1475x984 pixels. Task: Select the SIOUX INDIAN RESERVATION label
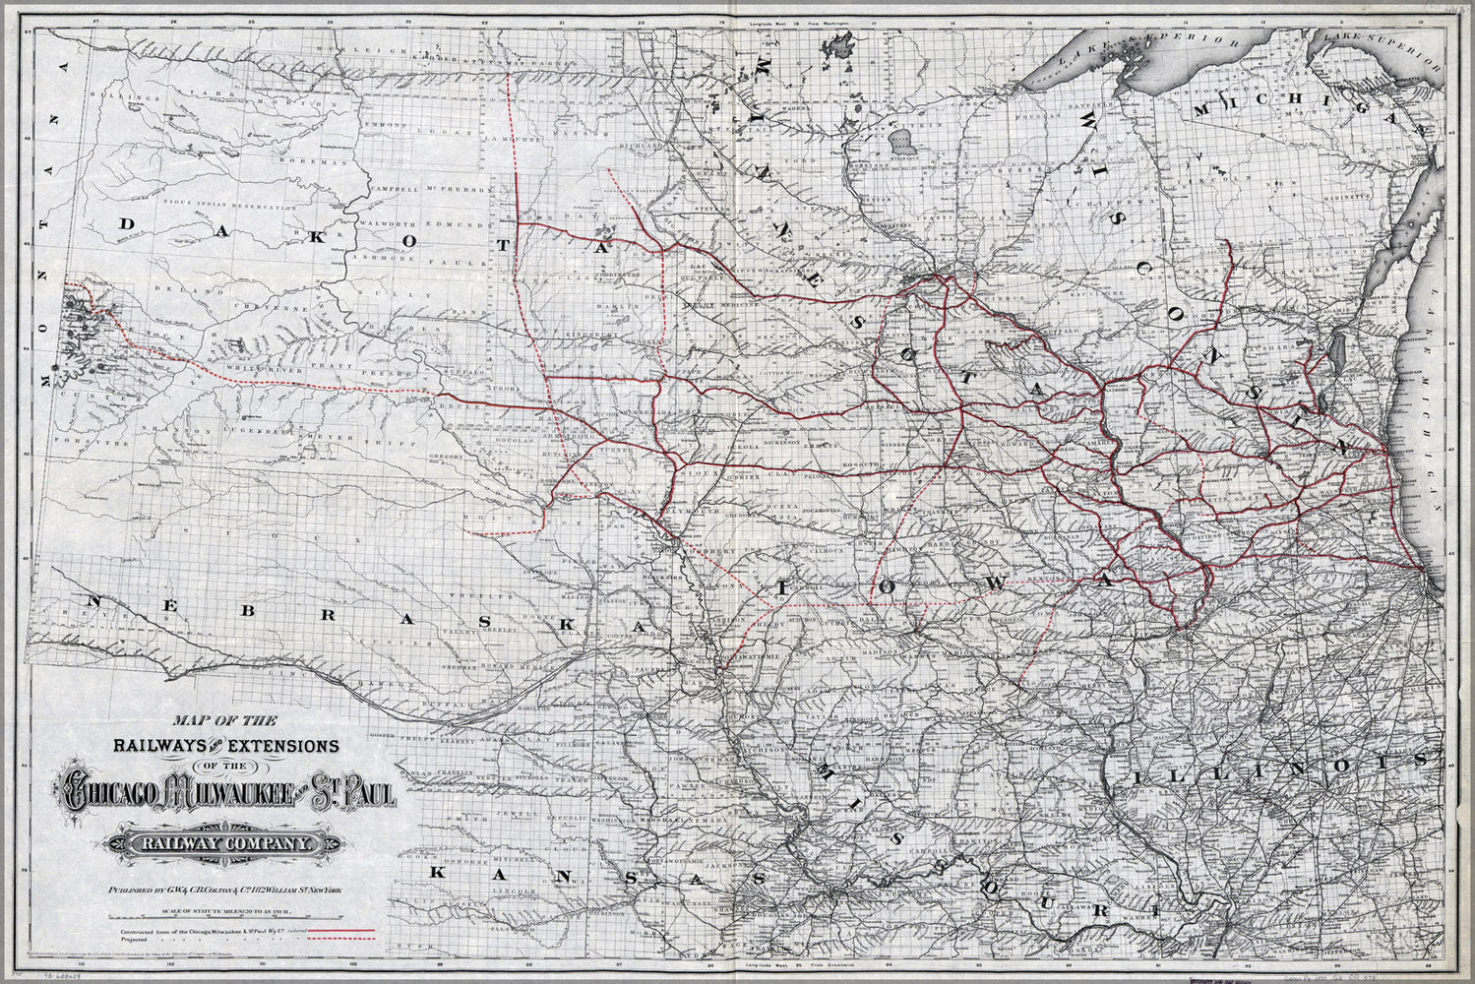[x=245, y=208]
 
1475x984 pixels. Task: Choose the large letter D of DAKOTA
[x=126, y=226]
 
